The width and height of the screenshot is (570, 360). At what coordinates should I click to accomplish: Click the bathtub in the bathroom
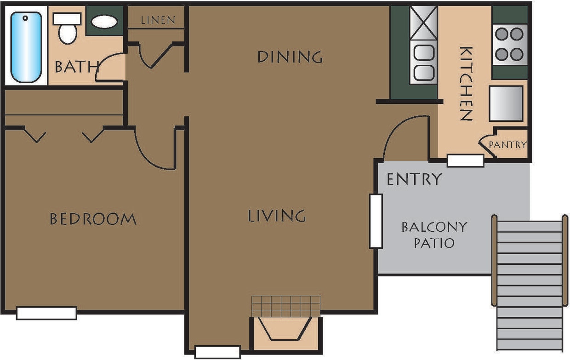click(x=26, y=47)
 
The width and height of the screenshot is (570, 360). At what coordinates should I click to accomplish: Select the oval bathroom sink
click(x=104, y=22)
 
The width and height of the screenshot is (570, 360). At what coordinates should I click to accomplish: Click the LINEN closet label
click(x=158, y=20)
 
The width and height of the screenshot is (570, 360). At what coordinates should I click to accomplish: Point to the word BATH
click(x=76, y=67)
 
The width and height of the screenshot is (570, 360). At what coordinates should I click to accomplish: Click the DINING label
click(x=290, y=57)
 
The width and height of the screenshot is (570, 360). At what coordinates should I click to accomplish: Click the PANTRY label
click(x=507, y=145)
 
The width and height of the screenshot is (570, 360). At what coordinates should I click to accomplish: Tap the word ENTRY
click(x=414, y=179)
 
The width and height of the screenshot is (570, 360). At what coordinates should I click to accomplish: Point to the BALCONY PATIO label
click(x=434, y=234)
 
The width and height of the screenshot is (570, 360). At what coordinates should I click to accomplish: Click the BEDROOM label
click(x=93, y=219)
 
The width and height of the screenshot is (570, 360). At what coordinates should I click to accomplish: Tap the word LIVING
click(x=277, y=216)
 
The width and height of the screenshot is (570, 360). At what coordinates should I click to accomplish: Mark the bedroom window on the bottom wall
click(x=46, y=313)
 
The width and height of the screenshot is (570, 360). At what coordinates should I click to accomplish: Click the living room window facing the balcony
click(x=376, y=221)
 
